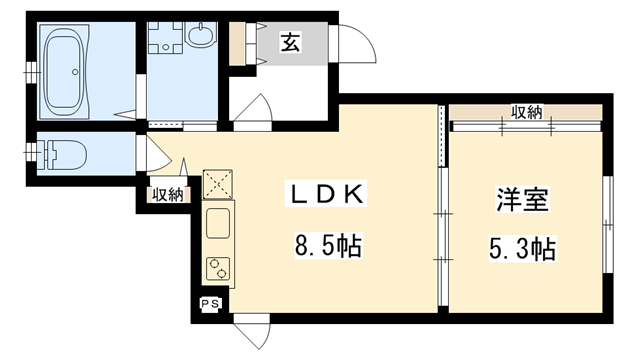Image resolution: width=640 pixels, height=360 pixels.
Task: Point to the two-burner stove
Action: tap(217, 267)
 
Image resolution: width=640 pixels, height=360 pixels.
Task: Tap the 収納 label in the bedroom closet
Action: tap(526, 112)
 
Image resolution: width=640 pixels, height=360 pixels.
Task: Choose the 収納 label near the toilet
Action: tap(166, 195)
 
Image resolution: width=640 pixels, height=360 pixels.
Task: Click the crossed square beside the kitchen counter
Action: tap(217, 184)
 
